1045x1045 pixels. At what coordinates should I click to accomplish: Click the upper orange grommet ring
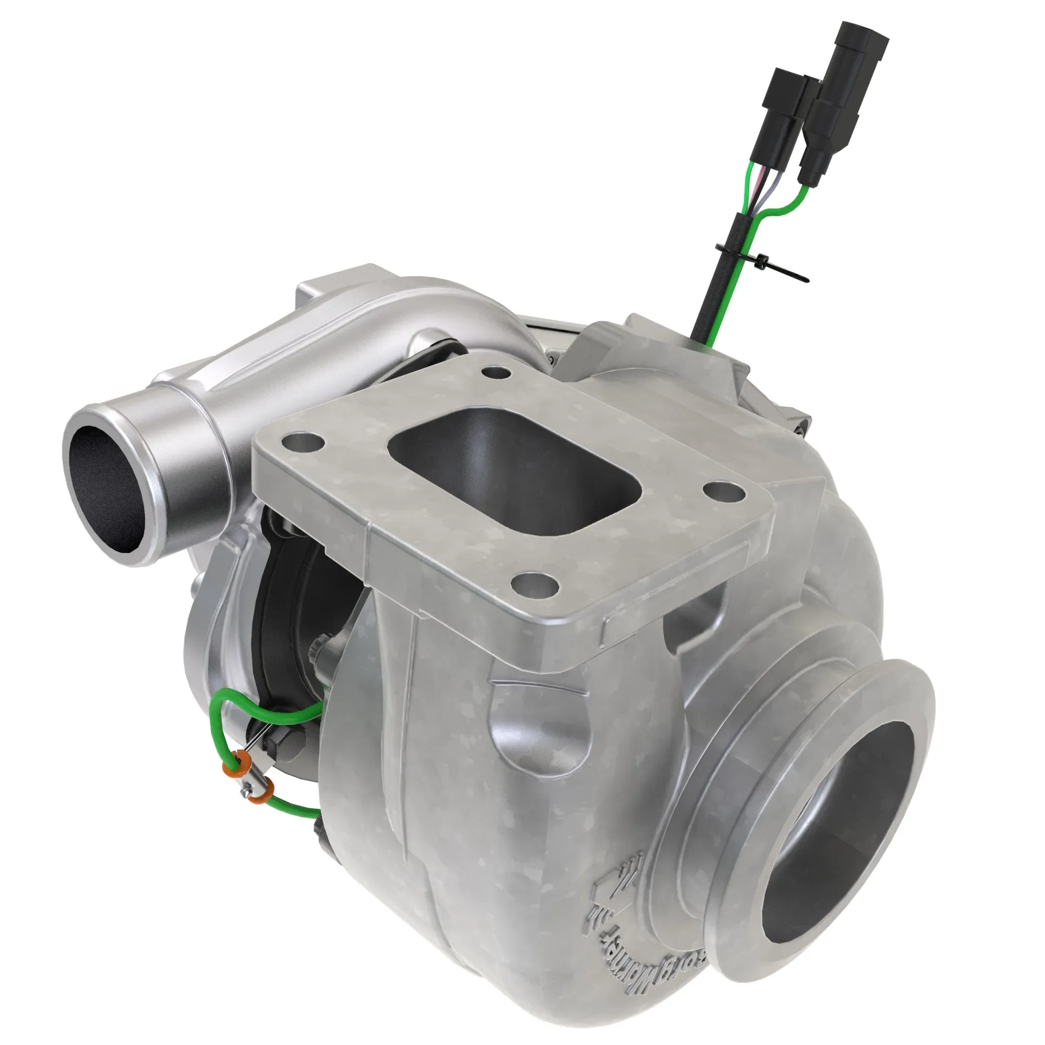tap(243, 762)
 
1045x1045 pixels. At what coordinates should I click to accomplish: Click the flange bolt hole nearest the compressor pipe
tap(303, 444)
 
